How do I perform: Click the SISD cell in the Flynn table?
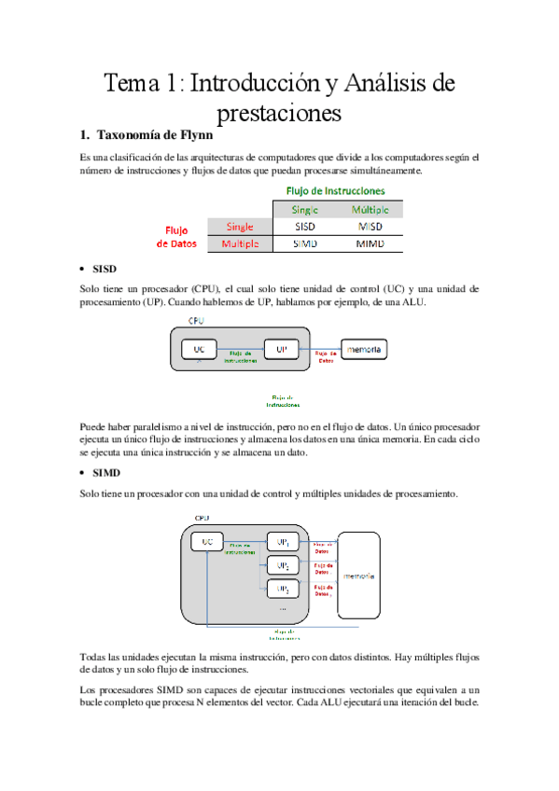(304, 227)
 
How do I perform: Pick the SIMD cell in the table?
(304, 243)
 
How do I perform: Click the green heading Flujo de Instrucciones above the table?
(335, 190)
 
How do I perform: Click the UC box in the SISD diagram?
(199, 349)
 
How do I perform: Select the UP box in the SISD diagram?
(281, 349)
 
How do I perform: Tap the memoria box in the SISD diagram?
(363, 350)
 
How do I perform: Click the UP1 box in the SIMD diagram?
(282, 542)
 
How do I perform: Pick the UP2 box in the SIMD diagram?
(282, 565)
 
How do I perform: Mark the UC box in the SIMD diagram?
(208, 541)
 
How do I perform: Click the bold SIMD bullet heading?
(107, 473)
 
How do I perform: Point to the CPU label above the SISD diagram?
(197, 321)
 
